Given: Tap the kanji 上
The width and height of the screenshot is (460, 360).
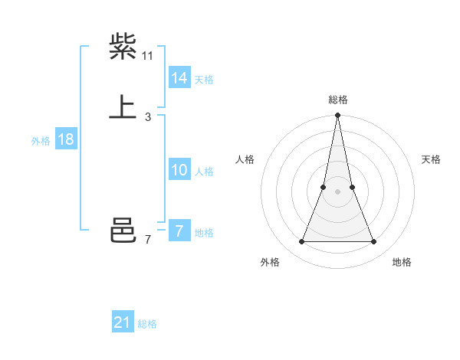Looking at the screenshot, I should [123, 108].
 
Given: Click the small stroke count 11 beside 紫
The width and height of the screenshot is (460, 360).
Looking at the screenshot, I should [148, 56].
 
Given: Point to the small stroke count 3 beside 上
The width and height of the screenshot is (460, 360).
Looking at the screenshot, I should [148, 117].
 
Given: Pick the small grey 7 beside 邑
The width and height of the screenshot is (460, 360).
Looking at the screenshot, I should [148, 240].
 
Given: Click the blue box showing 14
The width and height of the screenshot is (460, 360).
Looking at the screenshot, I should [179, 78].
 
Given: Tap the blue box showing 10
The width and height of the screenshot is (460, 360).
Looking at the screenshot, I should [179, 170].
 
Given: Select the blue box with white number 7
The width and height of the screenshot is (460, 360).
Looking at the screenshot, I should [179, 231].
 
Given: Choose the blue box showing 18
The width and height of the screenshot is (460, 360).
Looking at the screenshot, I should [66, 139].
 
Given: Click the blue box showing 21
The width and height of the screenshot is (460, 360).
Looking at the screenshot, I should [123, 322].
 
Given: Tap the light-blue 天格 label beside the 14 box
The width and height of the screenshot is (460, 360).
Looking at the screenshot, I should [204, 80].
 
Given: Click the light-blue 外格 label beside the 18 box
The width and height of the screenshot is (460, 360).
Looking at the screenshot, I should [41, 141].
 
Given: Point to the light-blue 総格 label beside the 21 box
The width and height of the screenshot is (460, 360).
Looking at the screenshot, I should [147, 324].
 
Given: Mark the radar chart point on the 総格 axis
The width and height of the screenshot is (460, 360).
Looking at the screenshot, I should [337, 116].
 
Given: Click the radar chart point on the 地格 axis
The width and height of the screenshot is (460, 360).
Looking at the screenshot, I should [374, 242].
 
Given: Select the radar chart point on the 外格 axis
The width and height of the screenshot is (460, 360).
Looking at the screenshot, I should [301, 242].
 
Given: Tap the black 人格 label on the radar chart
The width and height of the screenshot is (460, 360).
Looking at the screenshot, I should [245, 159].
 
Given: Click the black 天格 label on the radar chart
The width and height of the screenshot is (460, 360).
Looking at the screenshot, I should [431, 159].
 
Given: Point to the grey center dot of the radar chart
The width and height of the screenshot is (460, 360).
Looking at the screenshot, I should [337, 191].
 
